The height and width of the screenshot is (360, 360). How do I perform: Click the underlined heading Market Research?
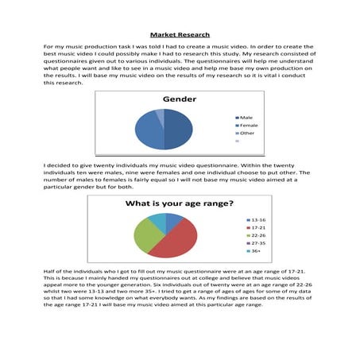(x=180, y=35)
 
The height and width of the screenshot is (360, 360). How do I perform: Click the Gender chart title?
(x=180, y=99)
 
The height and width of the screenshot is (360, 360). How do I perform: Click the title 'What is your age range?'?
(x=180, y=204)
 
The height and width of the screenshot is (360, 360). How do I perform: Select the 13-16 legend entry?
(x=258, y=219)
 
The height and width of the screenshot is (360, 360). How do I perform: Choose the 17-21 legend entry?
(x=258, y=226)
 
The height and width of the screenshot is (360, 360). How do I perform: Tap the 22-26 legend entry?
(x=258, y=235)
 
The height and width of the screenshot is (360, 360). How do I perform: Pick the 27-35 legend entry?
(x=258, y=243)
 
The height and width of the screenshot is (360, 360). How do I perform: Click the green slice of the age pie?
(x=146, y=234)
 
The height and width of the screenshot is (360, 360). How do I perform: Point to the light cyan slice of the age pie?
(x=157, y=219)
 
